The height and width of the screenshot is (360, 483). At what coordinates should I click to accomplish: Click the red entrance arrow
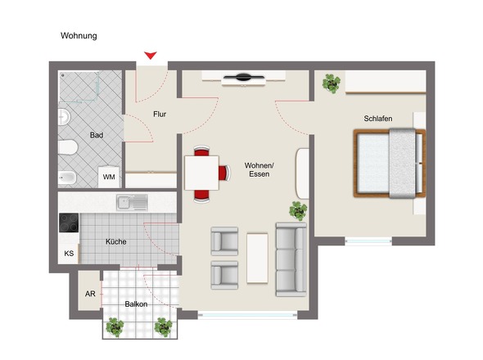(x=151, y=56)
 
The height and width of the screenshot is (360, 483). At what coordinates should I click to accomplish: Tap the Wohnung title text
(x=79, y=36)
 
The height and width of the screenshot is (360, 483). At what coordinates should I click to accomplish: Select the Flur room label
(x=160, y=115)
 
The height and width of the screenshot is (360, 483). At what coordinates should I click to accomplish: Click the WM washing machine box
(x=109, y=177)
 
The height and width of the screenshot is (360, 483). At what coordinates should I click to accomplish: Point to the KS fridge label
(x=69, y=254)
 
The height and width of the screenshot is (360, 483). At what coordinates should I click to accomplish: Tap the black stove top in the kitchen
(x=69, y=223)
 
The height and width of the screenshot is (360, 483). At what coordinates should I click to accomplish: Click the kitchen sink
(x=132, y=202)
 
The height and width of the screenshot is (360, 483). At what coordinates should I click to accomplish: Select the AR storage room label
(x=90, y=294)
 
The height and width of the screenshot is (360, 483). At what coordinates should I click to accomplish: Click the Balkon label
(x=136, y=304)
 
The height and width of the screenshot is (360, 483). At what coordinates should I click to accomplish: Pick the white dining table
(x=201, y=173)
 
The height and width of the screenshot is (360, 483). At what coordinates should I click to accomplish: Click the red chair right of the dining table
(x=224, y=173)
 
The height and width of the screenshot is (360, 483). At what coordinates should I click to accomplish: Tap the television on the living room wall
(x=243, y=77)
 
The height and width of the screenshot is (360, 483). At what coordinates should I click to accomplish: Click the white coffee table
(x=257, y=258)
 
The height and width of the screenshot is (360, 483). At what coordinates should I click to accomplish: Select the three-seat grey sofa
(x=291, y=259)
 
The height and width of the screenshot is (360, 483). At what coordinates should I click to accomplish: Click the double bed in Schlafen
(x=390, y=163)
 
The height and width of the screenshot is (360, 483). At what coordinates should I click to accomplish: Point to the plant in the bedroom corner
(x=331, y=83)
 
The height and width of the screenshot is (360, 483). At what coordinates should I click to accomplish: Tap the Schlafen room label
(x=378, y=119)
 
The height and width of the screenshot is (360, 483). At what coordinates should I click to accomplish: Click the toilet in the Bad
(x=67, y=147)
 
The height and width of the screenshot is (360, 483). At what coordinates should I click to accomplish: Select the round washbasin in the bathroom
(x=64, y=117)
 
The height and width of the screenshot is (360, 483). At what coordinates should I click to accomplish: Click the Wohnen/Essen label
(x=260, y=169)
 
